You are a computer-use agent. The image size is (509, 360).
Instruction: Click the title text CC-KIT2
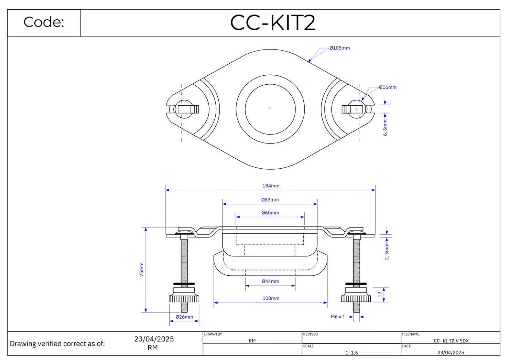coord(273,22)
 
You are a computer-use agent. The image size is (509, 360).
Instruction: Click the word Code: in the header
coord(44,22)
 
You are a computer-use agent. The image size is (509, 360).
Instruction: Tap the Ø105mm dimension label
coord(340,48)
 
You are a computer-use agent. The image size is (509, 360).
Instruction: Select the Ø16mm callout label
coord(388,87)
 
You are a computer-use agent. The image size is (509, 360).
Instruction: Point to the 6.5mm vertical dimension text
coord(385,128)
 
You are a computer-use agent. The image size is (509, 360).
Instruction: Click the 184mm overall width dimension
coord(271,186)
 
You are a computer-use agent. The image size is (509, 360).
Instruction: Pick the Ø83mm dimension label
coord(270,200)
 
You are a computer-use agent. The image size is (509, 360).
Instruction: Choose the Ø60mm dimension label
coord(270,213)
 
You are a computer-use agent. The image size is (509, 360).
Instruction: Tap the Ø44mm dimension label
coord(270,281)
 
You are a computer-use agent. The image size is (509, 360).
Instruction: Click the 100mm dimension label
coord(271,298)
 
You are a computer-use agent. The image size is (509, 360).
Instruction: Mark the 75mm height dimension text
coord(141,269)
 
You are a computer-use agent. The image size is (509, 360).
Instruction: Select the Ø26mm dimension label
coord(184,317)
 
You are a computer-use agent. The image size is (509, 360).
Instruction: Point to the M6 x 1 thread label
coord(338,317)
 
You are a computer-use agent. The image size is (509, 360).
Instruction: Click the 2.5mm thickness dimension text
coord(387,252)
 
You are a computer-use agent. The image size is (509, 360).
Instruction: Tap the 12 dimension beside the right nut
coord(380,295)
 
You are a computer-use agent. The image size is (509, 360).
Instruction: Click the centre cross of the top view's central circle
coord(270,108)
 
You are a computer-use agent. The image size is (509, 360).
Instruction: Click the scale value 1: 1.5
coord(351,353)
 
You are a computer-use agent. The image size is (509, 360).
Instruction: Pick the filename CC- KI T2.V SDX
coord(451,341)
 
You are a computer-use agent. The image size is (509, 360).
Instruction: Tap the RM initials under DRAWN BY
coord(252,341)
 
